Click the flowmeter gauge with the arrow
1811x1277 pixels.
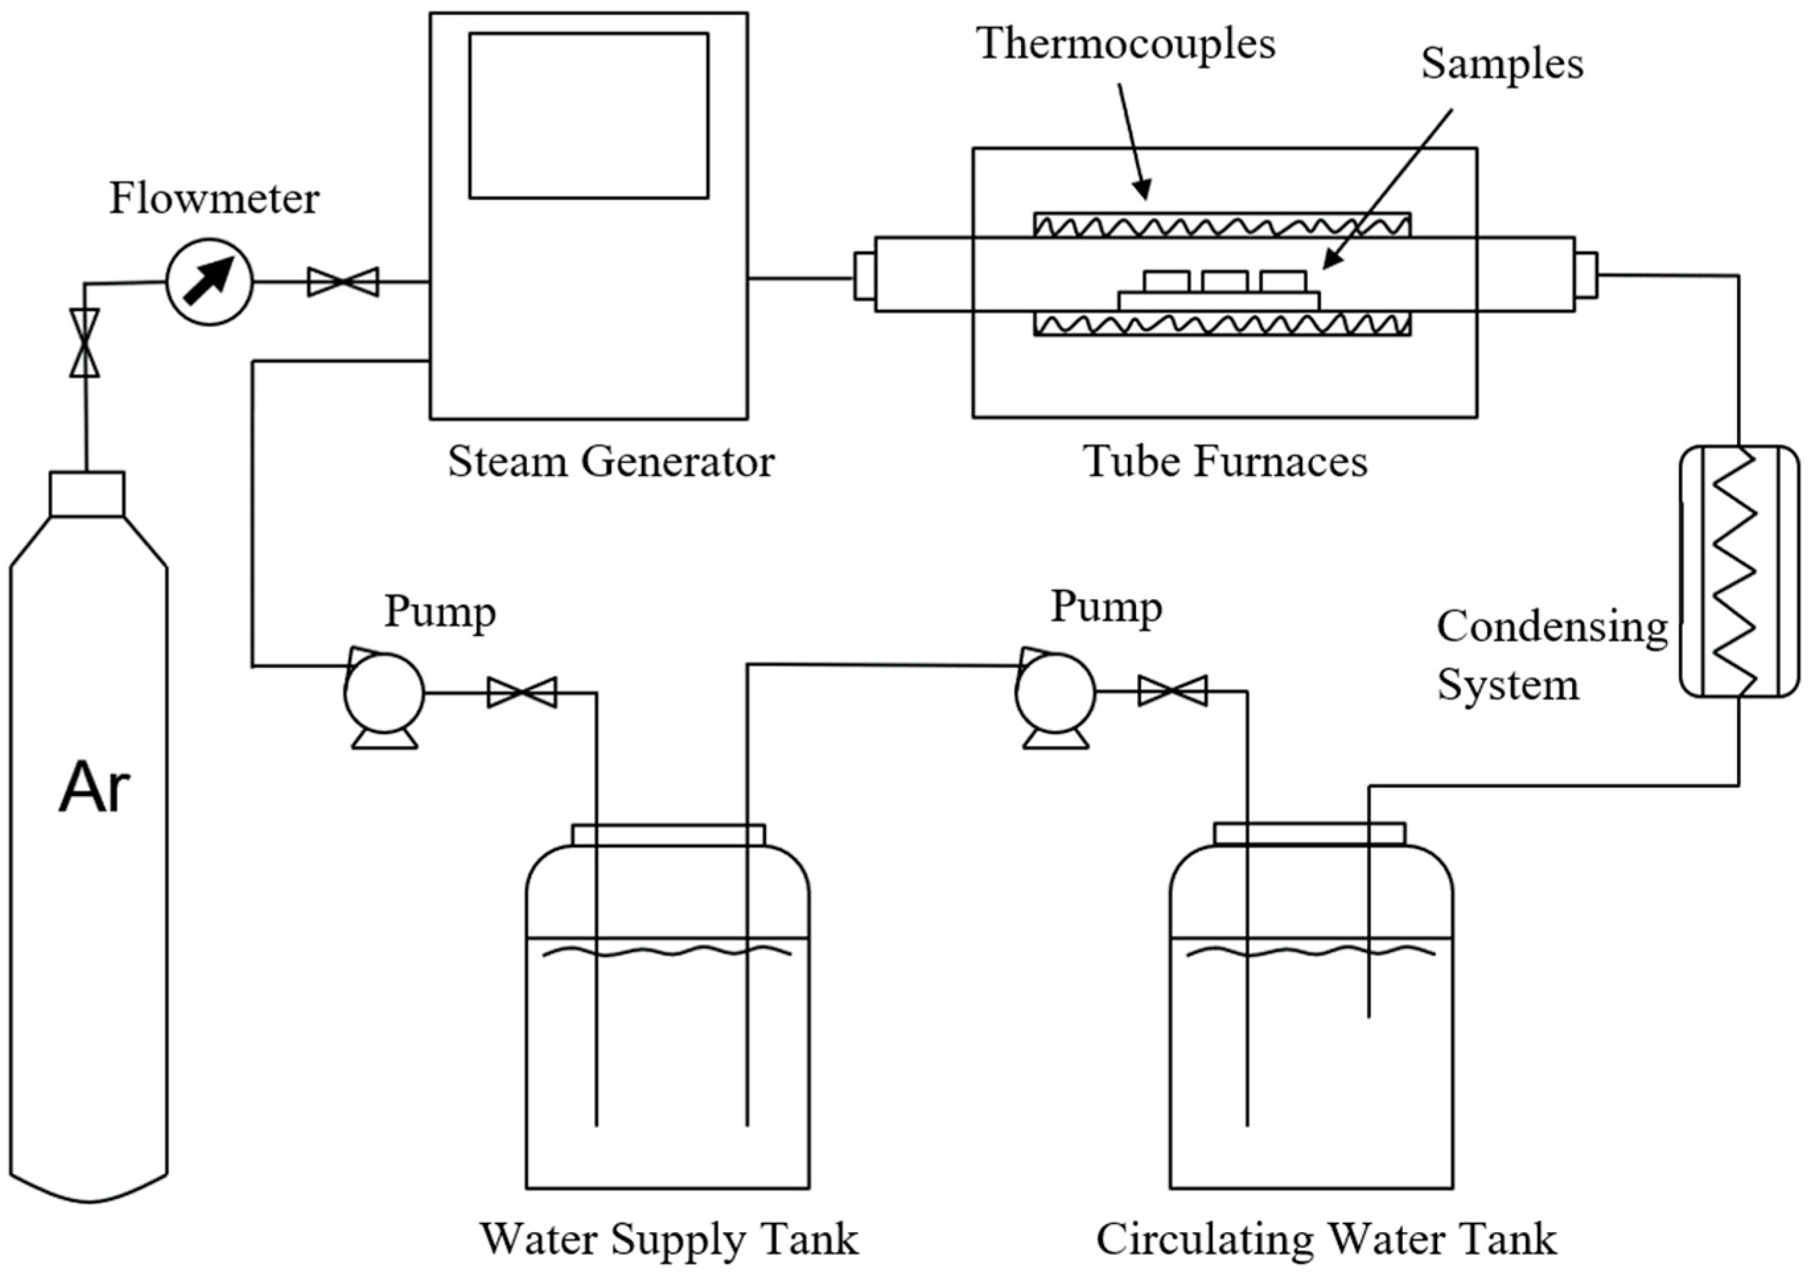(x=209, y=281)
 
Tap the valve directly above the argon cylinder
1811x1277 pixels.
(x=85, y=342)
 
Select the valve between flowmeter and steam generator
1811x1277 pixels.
(x=343, y=281)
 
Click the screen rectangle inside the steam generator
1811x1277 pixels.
(x=588, y=115)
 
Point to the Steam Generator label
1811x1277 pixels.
(x=612, y=461)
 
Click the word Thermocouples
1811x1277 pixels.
(x=1125, y=44)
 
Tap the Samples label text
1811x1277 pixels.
(x=1502, y=65)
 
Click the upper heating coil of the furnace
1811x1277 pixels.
(x=1222, y=225)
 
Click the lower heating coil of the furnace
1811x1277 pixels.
(x=1222, y=324)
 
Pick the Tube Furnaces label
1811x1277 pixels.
(x=1225, y=461)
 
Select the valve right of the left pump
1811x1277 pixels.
(x=521, y=692)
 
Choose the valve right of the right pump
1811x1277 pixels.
(x=1172, y=691)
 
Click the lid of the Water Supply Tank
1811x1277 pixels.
(x=668, y=835)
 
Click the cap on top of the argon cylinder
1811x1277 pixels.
(x=87, y=493)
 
